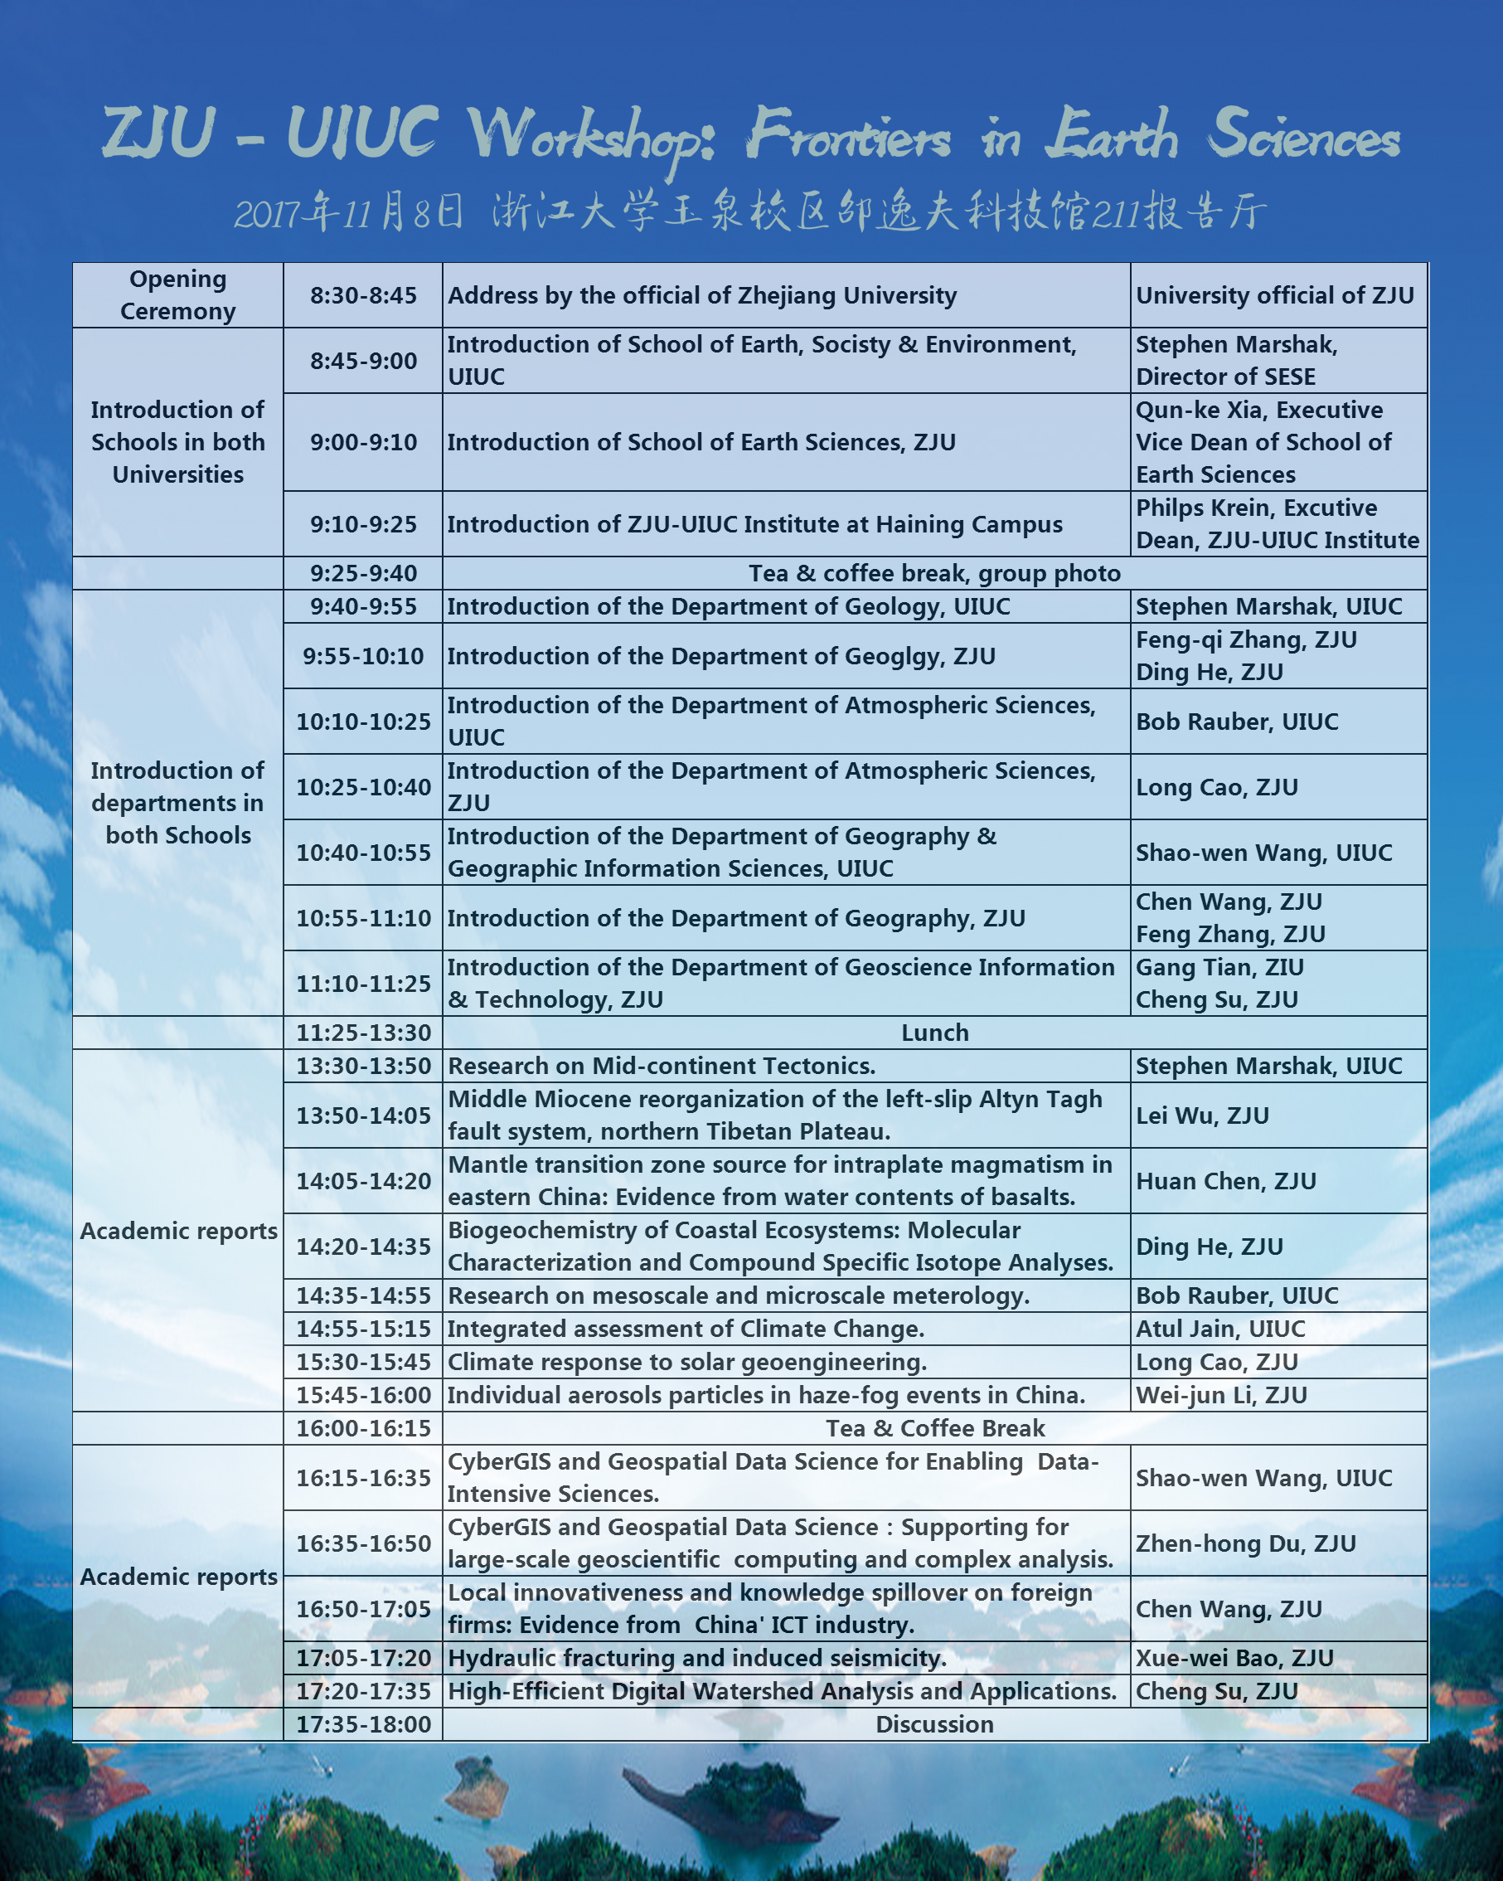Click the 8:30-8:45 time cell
tap(363, 296)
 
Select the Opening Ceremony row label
tap(178, 296)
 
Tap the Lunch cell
tap(934, 1033)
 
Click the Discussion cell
tap(934, 1725)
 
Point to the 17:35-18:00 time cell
tap(363, 1725)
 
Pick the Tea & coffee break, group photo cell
tap(934, 573)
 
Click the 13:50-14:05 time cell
tap(363, 1115)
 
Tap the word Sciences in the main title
tap(1304, 135)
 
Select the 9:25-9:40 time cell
tap(363, 573)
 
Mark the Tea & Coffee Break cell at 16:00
tap(934, 1428)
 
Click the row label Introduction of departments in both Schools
tap(178, 803)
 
